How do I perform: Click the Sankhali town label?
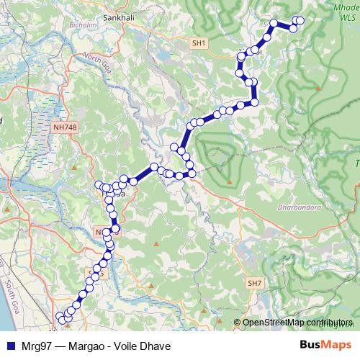[x=120, y=16]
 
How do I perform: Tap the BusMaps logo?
[x=325, y=345]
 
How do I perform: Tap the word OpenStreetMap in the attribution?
[x=274, y=323]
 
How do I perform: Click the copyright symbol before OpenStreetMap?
[x=238, y=323]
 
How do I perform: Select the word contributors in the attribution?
[x=329, y=323]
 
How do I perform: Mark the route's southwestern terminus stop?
[x=59, y=316]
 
